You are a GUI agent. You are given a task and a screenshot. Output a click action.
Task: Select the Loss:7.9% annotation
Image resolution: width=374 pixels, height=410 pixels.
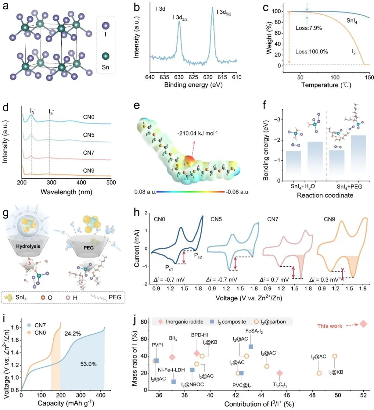(309, 28)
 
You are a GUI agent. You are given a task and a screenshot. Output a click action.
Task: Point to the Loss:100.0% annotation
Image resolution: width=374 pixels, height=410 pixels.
(311, 52)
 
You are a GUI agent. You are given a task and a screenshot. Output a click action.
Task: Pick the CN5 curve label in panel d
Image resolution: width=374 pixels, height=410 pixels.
(89, 135)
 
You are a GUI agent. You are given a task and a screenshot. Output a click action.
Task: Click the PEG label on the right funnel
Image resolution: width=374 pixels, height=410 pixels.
(89, 248)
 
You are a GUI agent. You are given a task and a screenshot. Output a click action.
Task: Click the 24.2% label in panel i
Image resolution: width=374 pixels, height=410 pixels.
(73, 334)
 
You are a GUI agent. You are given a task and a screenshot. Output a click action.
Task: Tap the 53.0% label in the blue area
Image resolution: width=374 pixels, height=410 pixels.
(88, 364)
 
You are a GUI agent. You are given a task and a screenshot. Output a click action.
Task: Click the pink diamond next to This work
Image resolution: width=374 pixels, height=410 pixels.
(363, 324)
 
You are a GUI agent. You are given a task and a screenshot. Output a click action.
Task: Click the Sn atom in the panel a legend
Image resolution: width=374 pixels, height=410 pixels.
(106, 56)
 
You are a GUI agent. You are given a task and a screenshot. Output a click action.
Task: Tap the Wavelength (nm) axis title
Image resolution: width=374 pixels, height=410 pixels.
(66, 192)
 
